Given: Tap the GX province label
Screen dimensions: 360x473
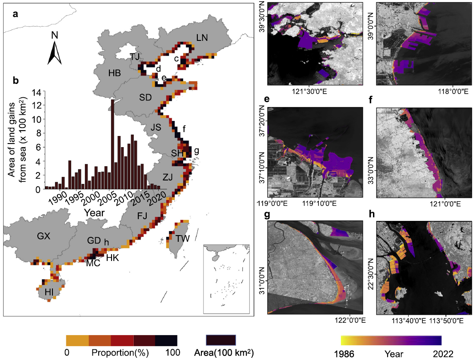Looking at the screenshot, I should click(43, 236).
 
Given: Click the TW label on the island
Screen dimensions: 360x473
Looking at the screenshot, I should click(182, 238).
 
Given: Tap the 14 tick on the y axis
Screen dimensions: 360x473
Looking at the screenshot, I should click(36, 92).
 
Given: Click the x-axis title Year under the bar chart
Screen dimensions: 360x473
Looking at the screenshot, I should click(95, 212).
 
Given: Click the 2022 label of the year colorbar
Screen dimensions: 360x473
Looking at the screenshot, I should click(440, 354).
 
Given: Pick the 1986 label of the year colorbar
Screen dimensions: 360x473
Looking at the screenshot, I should click(354, 354).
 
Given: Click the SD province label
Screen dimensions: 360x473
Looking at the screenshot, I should click(145, 96).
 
